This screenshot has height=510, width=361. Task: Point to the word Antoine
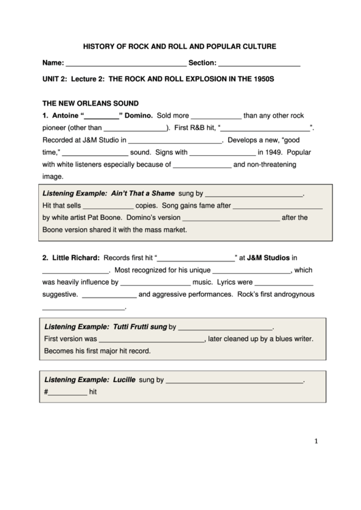[x=66, y=115]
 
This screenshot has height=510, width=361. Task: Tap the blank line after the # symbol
[x=67, y=394]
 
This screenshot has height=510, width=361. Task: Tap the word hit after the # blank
[x=95, y=392]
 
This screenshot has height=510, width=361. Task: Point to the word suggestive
[x=60, y=295]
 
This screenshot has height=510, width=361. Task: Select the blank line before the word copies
[x=108, y=206]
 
